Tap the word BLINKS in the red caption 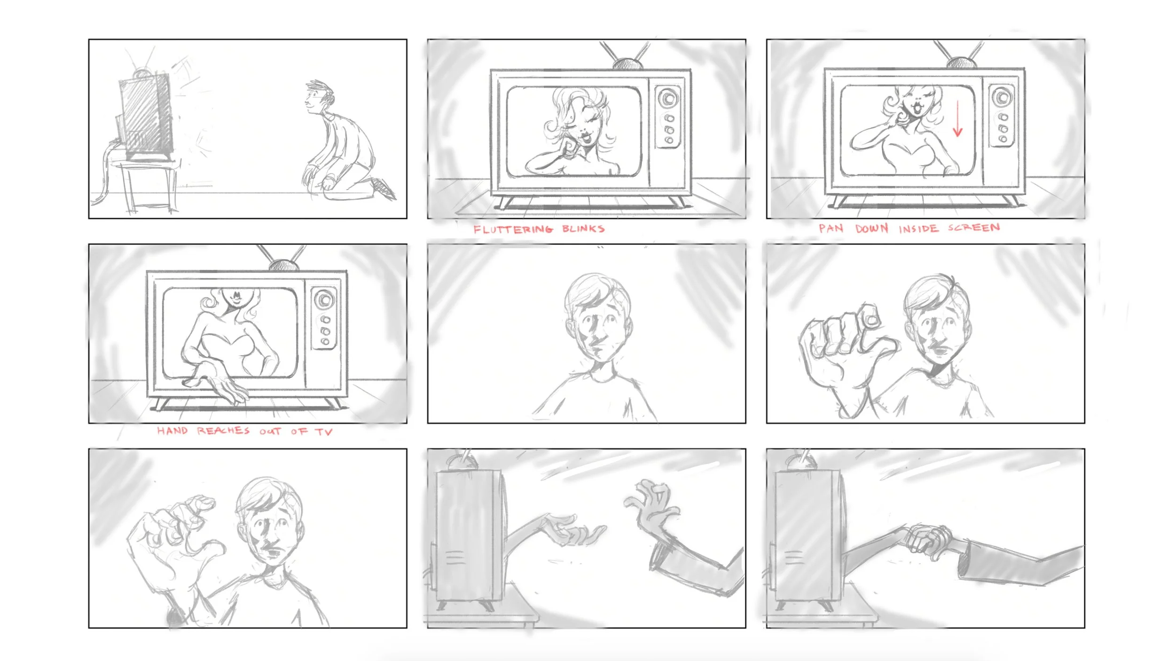(x=583, y=229)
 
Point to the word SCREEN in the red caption (x=974, y=228)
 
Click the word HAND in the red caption (x=172, y=431)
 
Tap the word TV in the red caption (x=324, y=432)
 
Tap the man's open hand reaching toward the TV (x=651, y=505)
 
